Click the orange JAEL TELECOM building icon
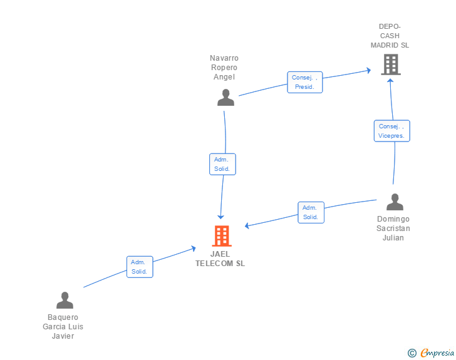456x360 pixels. (x=222, y=236)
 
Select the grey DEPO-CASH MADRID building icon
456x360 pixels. (x=391, y=64)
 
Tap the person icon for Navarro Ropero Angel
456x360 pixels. (x=225, y=98)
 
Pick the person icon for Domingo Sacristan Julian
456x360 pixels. (x=395, y=202)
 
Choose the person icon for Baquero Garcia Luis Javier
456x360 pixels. (x=65, y=300)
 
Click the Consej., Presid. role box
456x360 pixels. (x=305, y=82)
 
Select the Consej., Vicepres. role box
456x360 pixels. (x=391, y=131)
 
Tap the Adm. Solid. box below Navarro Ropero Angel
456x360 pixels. (x=222, y=164)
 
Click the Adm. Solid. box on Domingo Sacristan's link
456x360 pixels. (x=311, y=213)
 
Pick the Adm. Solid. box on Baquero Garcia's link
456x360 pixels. (x=140, y=267)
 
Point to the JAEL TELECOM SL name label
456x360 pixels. (x=220, y=259)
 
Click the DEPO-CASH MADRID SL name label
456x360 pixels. (x=390, y=36)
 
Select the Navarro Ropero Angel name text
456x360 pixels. (x=224, y=68)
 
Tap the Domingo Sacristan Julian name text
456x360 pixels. (x=393, y=229)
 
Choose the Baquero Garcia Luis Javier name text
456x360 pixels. (x=63, y=327)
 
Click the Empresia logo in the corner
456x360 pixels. (x=437, y=352)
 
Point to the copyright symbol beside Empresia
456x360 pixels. (x=412, y=353)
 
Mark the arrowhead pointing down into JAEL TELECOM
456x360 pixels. (x=220, y=217)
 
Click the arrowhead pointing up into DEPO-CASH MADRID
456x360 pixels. (x=390, y=81)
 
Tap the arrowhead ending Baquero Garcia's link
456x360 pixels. (x=194, y=249)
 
